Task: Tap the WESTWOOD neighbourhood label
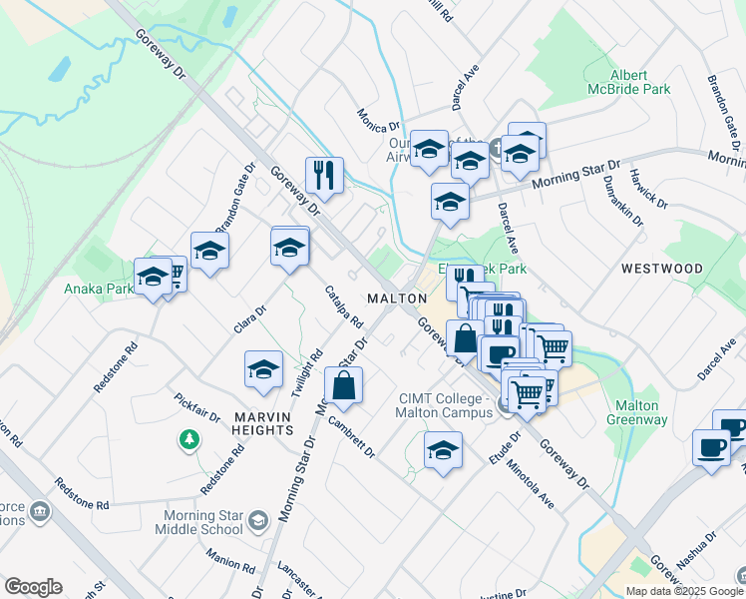[x=661, y=269]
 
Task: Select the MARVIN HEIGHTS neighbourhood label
[x=250, y=423]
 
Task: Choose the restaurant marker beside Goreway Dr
[x=324, y=176]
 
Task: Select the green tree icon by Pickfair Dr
[x=187, y=438]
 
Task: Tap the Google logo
[x=33, y=587]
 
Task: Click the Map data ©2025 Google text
[x=684, y=591]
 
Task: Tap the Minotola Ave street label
[x=529, y=483]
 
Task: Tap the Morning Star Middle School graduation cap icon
[x=258, y=520]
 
